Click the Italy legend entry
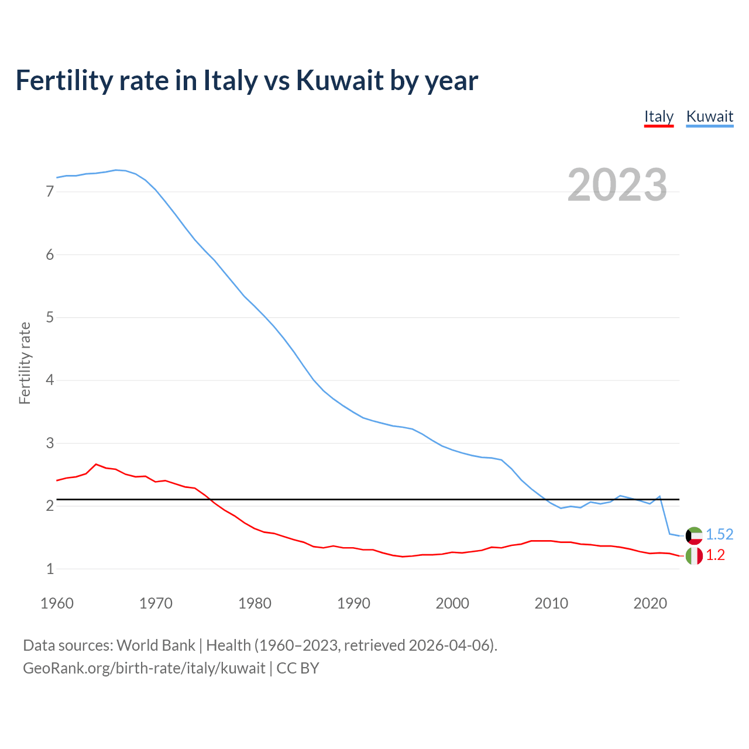pyautogui.click(x=658, y=116)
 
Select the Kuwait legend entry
pyautogui.click(x=709, y=116)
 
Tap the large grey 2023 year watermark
pyautogui.click(x=617, y=185)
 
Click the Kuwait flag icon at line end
pyautogui.click(x=694, y=535)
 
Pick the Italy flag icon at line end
pyautogui.click(x=694, y=555)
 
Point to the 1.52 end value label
pyautogui.click(x=719, y=534)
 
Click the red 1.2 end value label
pyautogui.click(x=715, y=555)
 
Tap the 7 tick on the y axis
pyautogui.click(x=50, y=192)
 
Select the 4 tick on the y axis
pyautogui.click(x=50, y=380)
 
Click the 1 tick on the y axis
pyautogui.click(x=50, y=569)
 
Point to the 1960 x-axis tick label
pyautogui.click(x=57, y=603)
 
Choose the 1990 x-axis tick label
pyautogui.click(x=353, y=603)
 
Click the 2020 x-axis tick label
pyautogui.click(x=650, y=603)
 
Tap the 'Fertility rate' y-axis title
pyautogui.click(x=25, y=363)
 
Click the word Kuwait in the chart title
pyautogui.click(x=339, y=80)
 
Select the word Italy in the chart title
pyautogui.click(x=230, y=80)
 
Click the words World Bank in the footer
pyautogui.click(x=156, y=645)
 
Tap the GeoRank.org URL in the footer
pyautogui.click(x=144, y=668)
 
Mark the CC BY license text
pyautogui.click(x=298, y=668)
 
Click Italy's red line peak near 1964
pyautogui.click(x=96, y=464)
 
